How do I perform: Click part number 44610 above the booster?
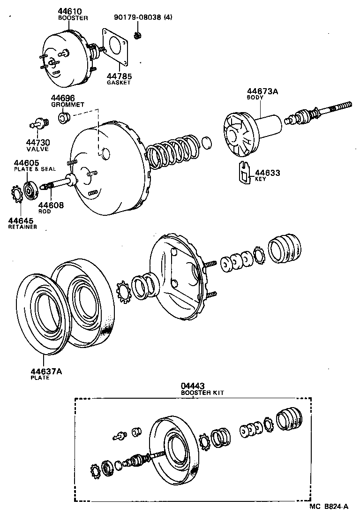[x=69, y=11]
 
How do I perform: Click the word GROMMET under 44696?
[x=67, y=105]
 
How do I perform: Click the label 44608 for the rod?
[x=51, y=205]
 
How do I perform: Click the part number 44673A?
[x=262, y=92]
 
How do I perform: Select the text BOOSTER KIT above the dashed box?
[x=202, y=393]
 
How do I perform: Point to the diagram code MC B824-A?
[x=329, y=506]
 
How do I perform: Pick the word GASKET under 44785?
[x=119, y=83]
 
